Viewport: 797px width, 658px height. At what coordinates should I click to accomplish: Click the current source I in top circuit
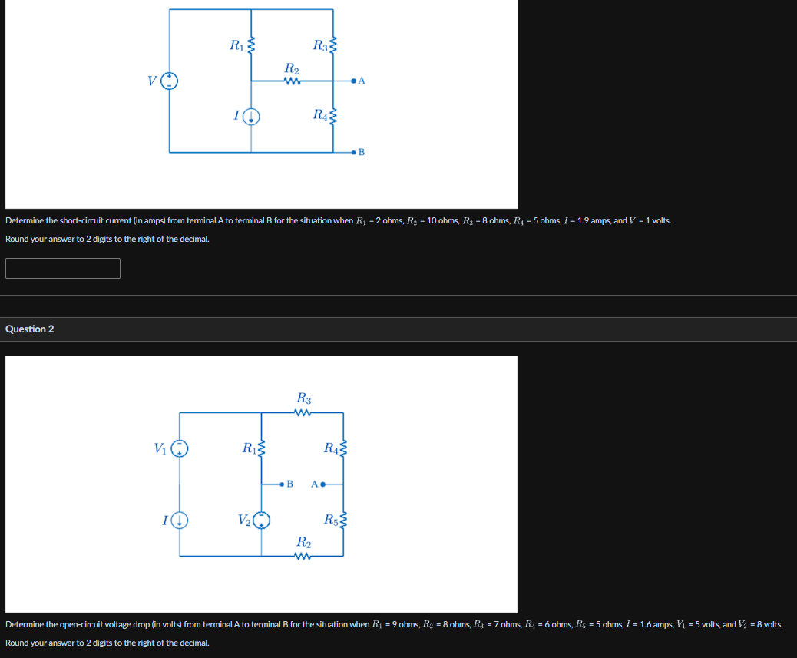point(253,117)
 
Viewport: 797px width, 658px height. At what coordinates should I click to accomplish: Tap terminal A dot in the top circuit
point(353,80)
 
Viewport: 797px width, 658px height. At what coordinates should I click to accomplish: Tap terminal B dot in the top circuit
point(353,153)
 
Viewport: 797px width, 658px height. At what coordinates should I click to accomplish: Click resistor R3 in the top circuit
point(333,45)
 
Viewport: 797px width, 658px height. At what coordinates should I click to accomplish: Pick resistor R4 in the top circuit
point(333,117)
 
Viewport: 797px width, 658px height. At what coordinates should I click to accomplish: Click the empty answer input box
point(63,268)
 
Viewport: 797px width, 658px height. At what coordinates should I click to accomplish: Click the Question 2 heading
point(30,329)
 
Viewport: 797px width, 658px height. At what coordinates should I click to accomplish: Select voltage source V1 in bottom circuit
point(180,448)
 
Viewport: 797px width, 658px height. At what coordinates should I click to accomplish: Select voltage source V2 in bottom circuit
point(263,521)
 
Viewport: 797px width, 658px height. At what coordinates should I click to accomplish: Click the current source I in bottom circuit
point(180,521)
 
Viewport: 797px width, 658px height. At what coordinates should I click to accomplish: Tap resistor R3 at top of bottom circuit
point(303,413)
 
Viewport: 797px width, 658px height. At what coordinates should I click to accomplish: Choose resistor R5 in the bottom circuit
point(343,521)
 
